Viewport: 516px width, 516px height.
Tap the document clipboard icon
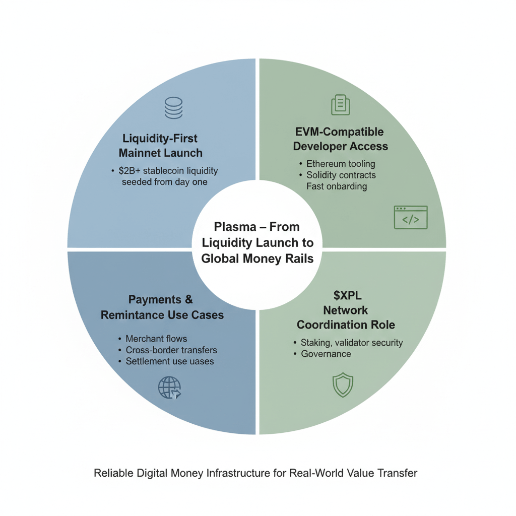tap(340, 105)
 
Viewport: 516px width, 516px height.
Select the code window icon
tap(410, 218)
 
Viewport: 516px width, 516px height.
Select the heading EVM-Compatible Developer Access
tap(341, 139)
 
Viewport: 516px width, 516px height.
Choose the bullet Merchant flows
tap(156, 339)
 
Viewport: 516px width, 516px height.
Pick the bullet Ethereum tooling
tap(341, 164)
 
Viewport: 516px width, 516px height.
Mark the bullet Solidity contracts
tap(341, 175)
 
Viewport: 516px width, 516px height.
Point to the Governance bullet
tap(326, 354)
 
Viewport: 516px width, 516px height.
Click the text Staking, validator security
tap(352, 343)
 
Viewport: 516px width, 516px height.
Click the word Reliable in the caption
tap(112, 473)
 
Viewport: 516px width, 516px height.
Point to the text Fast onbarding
tap(337, 186)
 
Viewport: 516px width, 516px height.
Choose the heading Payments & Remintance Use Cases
tap(162, 307)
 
